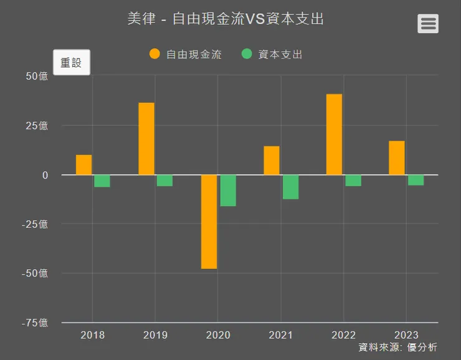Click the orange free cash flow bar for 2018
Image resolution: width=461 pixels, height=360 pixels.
point(84,165)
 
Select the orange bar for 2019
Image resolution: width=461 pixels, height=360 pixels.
point(146,139)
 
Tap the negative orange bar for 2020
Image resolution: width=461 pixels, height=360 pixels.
point(209,222)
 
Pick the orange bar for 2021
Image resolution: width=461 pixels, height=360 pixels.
point(272,161)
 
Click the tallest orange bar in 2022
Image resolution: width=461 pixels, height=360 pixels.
point(334,135)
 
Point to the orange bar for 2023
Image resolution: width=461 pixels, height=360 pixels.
point(397,158)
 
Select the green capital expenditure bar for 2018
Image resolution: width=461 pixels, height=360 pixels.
point(102,181)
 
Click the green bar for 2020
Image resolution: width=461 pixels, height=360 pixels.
point(228,191)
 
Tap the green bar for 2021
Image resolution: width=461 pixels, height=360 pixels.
point(290,187)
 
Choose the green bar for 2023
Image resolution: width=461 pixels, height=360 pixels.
point(416,180)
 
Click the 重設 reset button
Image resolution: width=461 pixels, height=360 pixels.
point(72,62)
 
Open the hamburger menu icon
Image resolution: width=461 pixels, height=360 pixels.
point(428,24)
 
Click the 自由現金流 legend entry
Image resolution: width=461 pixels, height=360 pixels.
point(186,54)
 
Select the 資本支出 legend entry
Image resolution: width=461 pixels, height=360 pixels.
point(272,54)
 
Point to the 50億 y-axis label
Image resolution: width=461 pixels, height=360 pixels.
point(37,77)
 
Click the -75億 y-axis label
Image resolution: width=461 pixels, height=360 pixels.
point(34,323)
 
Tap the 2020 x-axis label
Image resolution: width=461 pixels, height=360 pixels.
point(218,335)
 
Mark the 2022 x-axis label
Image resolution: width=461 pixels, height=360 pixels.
point(343,335)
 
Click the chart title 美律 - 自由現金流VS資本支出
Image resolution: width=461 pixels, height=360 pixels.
point(226,19)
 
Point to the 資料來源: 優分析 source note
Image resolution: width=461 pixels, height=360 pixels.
point(397,348)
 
